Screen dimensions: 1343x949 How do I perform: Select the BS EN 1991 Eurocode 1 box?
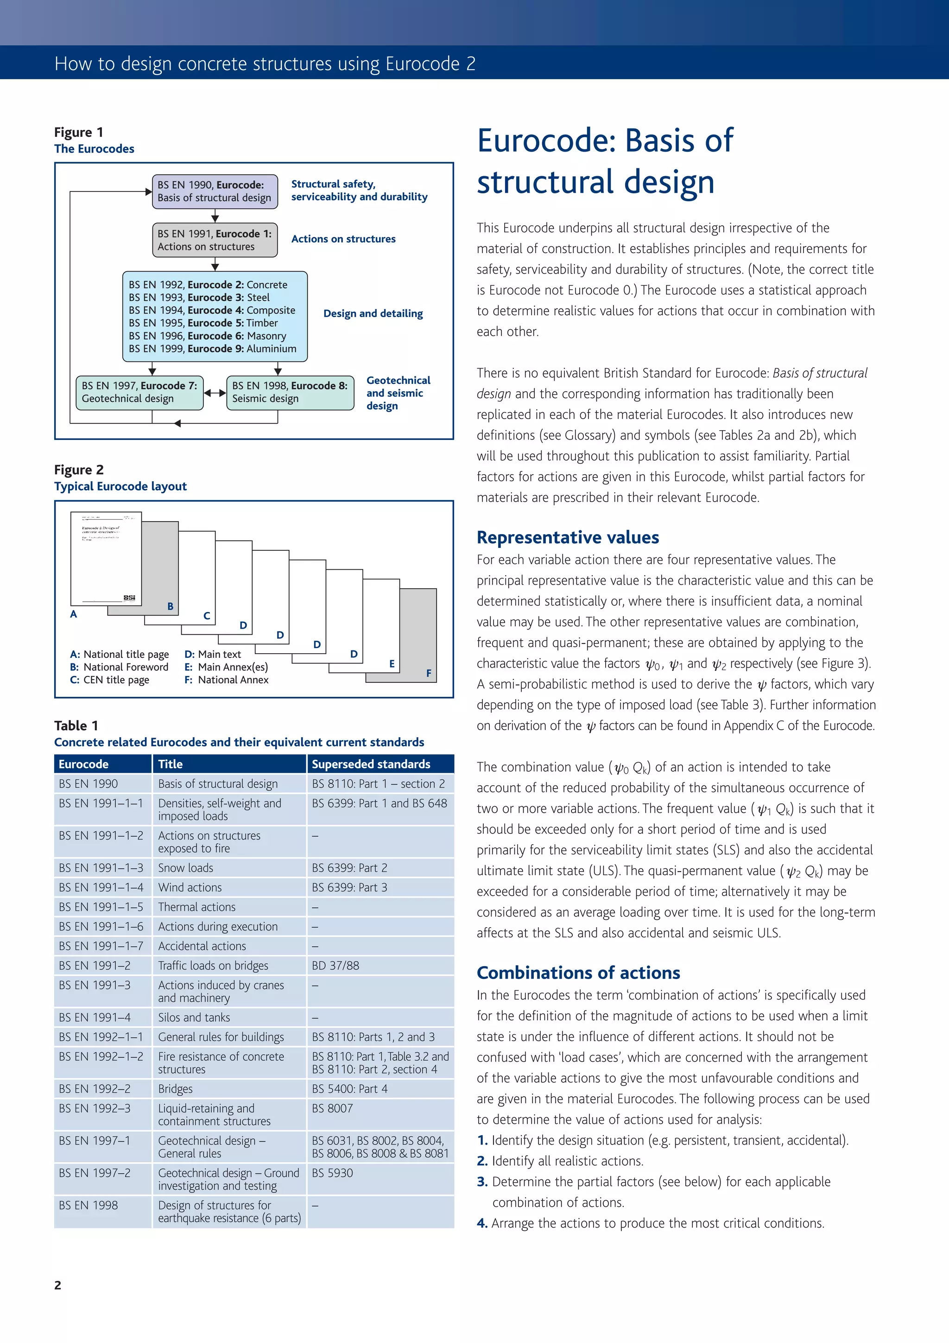[x=215, y=240]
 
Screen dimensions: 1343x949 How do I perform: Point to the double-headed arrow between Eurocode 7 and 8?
[x=215, y=393]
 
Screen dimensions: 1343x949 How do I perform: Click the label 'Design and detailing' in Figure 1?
[x=373, y=313]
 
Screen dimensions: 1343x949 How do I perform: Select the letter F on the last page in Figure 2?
[x=429, y=673]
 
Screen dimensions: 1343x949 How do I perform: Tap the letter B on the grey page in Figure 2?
[x=170, y=606]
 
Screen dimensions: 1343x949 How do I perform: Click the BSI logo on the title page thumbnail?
[x=130, y=597]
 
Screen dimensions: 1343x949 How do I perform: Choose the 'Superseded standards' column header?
[x=371, y=764]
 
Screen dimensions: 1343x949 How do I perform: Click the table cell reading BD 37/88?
[x=335, y=966]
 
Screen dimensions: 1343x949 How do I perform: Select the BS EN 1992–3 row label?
[x=95, y=1108]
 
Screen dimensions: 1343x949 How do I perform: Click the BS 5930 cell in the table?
[x=332, y=1173]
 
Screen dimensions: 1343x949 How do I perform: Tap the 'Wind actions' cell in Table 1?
[x=190, y=887]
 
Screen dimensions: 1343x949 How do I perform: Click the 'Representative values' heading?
[x=568, y=537]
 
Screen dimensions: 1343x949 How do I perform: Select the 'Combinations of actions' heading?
[x=578, y=972]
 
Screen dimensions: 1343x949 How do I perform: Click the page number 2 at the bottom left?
[x=58, y=1285]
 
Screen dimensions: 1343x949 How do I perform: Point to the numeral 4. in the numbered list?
[x=482, y=1223]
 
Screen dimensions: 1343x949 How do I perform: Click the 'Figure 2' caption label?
[x=79, y=470]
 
